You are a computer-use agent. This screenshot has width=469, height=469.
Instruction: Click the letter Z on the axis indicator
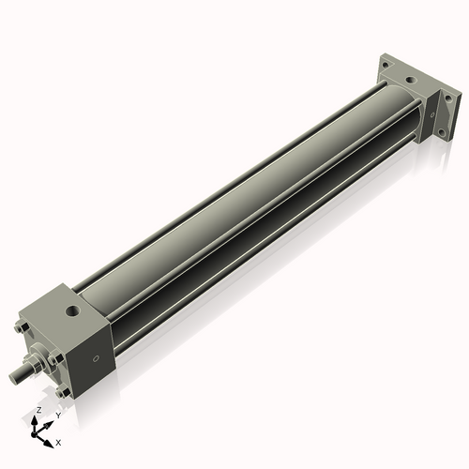[38, 411]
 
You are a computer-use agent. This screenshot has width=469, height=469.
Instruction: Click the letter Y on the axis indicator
[57, 415]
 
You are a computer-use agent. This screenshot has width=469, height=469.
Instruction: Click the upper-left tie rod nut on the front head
[21, 330]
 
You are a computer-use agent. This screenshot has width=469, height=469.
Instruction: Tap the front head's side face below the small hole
[94, 375]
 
